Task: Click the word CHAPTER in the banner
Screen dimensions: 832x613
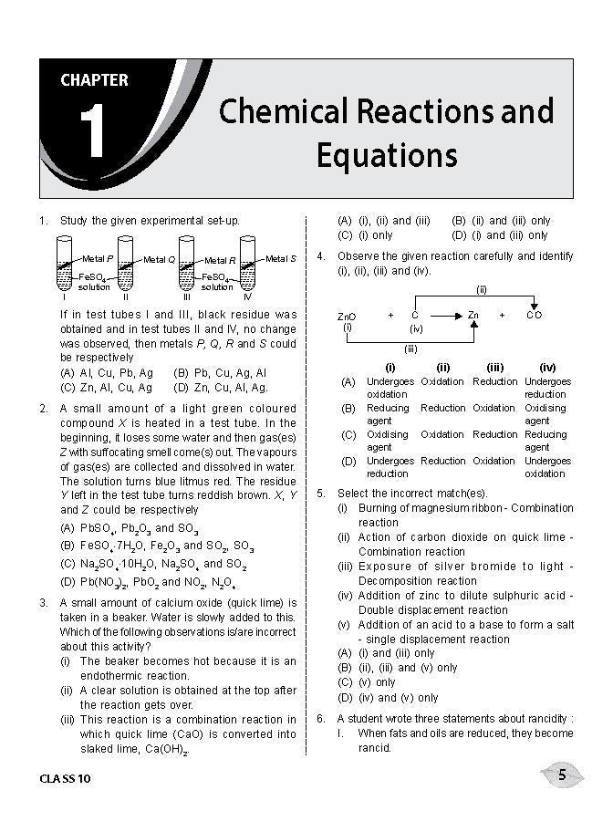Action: [94, 80]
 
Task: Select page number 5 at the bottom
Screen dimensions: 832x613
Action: [562, 775]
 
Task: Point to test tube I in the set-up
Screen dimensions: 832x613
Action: [65, 265]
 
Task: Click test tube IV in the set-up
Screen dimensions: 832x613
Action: [246, 265]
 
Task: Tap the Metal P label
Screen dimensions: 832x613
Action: [98, 259]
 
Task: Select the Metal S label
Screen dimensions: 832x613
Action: [281, 259]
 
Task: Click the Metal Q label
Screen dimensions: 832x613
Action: [159, 260]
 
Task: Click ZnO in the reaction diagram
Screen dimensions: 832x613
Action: [347, 316]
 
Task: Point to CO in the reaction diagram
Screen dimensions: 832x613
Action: [535, 315]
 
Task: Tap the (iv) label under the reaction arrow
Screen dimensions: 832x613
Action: [416, 328]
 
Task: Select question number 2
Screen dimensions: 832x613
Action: [43, 409]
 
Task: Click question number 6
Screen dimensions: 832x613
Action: [321, 719]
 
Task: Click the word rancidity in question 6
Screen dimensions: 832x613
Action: [544, 719]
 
